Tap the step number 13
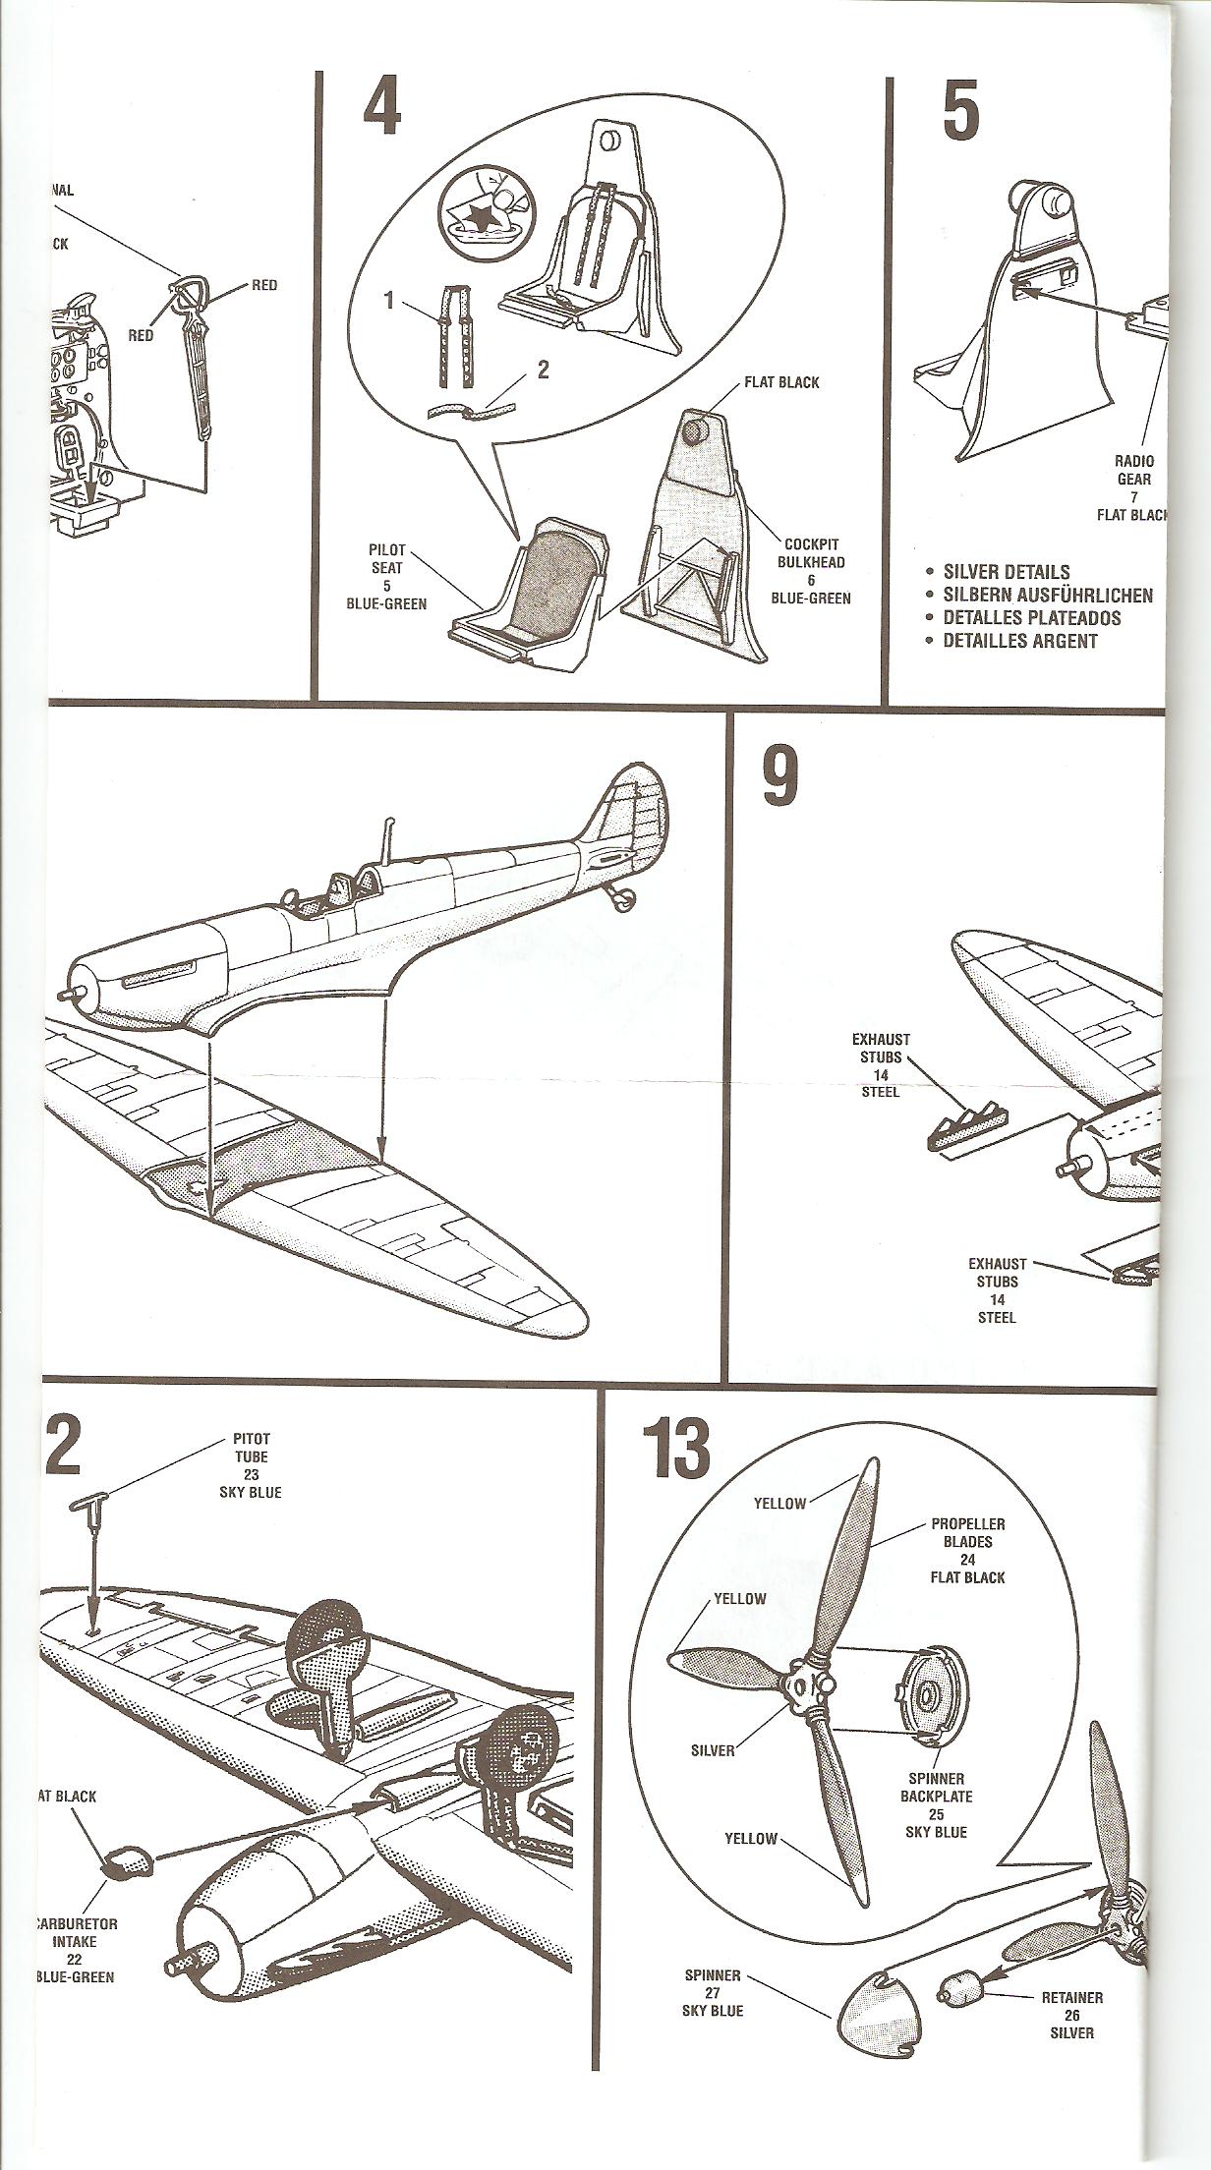point(676,1449)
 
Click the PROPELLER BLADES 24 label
point(968,1550)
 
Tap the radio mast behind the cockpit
point(390,836)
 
